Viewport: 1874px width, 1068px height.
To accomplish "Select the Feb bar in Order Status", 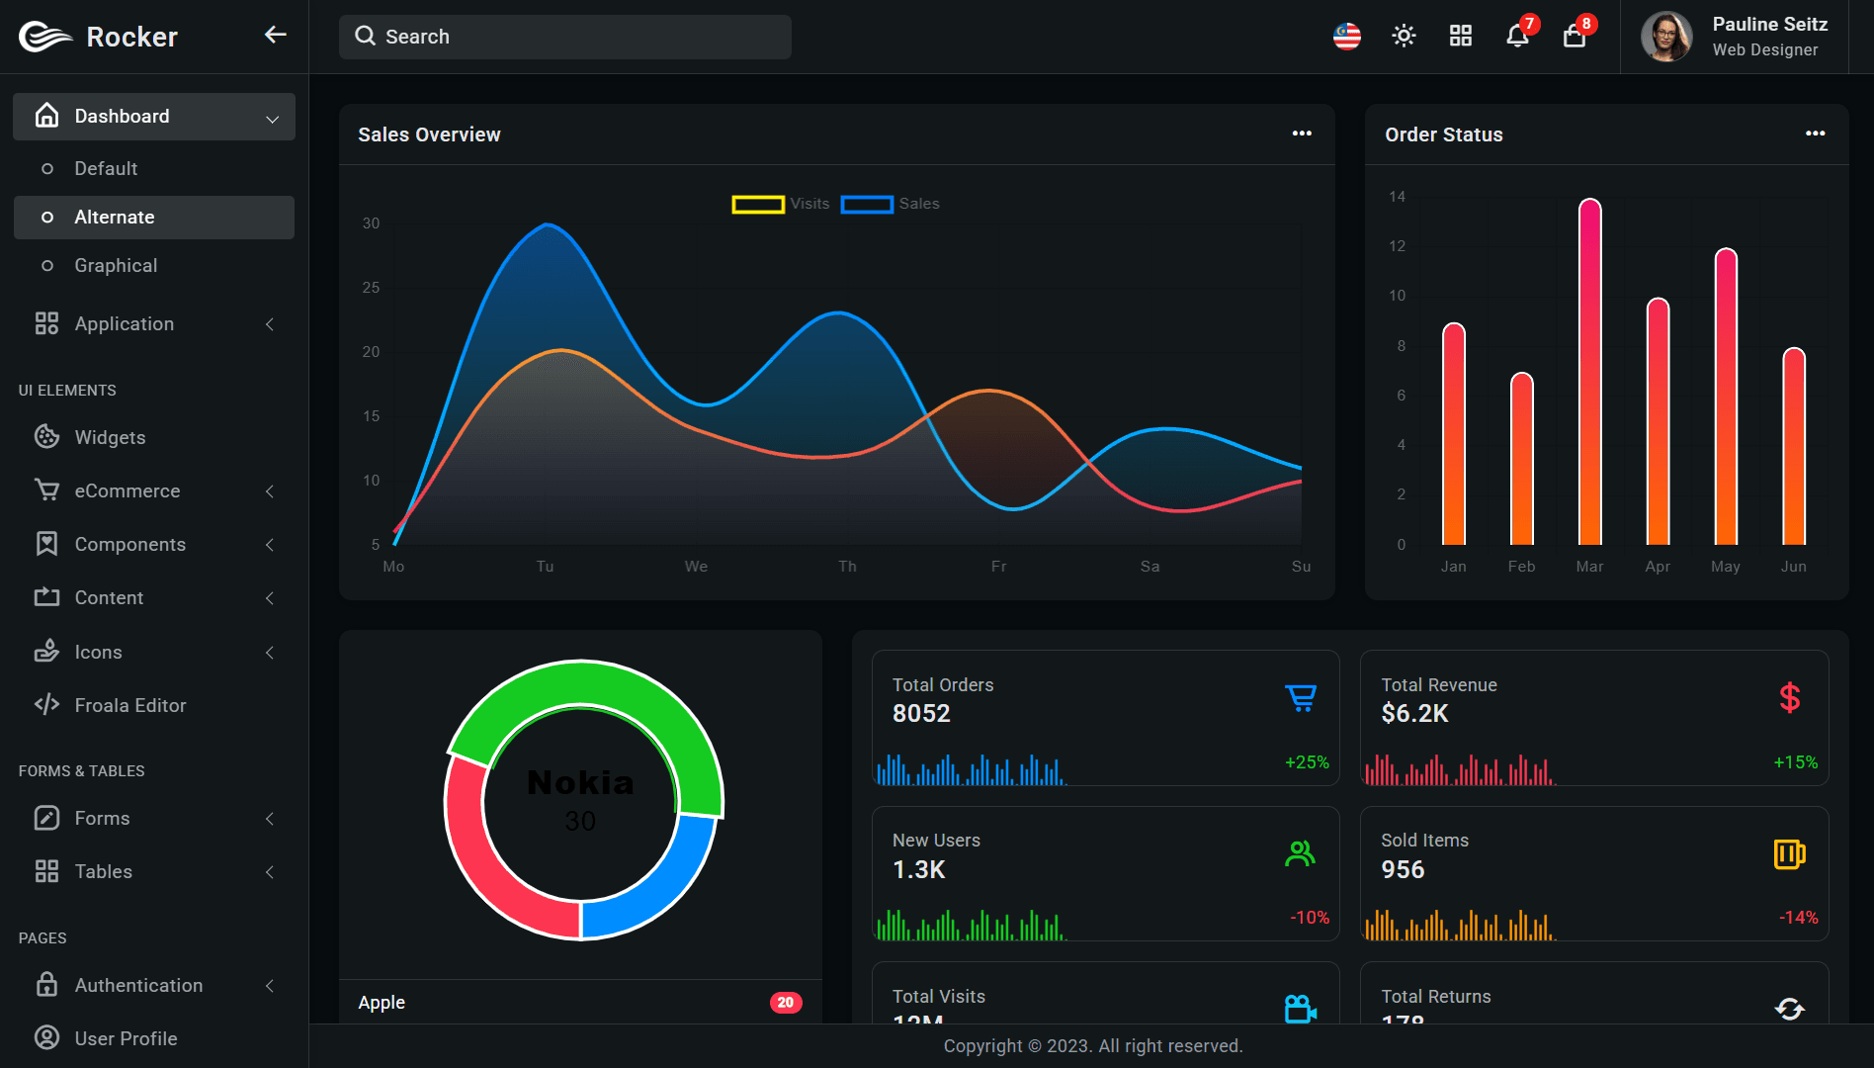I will click(x=1521, y=460).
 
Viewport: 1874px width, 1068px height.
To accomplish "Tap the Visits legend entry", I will click(x=781, y=204).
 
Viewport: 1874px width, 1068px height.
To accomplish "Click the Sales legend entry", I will click(x=890, y=204).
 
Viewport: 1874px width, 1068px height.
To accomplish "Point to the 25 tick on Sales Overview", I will click(x=371, y=288).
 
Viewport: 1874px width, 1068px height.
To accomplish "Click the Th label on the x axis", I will click(x=847, y=567).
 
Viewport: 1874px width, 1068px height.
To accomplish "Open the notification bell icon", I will click(x=1516, y=37).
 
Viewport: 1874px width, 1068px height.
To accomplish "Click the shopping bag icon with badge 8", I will click(x=1574, y=37).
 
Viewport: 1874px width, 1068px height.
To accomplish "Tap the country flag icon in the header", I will click(x=1346, y=37).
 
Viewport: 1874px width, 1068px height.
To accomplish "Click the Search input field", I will click(x=564, y=37).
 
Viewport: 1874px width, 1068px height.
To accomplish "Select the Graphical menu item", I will click(x=116, y=265).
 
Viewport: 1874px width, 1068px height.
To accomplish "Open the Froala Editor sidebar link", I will click(x=129, y=705).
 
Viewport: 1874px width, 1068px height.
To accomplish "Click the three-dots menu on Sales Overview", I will click(x=1302, y=133).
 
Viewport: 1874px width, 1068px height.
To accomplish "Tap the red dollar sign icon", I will click(x=1789, y=698).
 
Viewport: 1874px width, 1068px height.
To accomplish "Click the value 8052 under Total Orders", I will click(x=920, y=713).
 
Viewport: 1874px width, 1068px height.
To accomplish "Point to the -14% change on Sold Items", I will click(x=1798, y=918).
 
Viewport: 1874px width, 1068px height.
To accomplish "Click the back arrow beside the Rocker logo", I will click(x=275, y=36).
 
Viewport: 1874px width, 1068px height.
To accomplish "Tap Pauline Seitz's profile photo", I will click(x=1666, y=37).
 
